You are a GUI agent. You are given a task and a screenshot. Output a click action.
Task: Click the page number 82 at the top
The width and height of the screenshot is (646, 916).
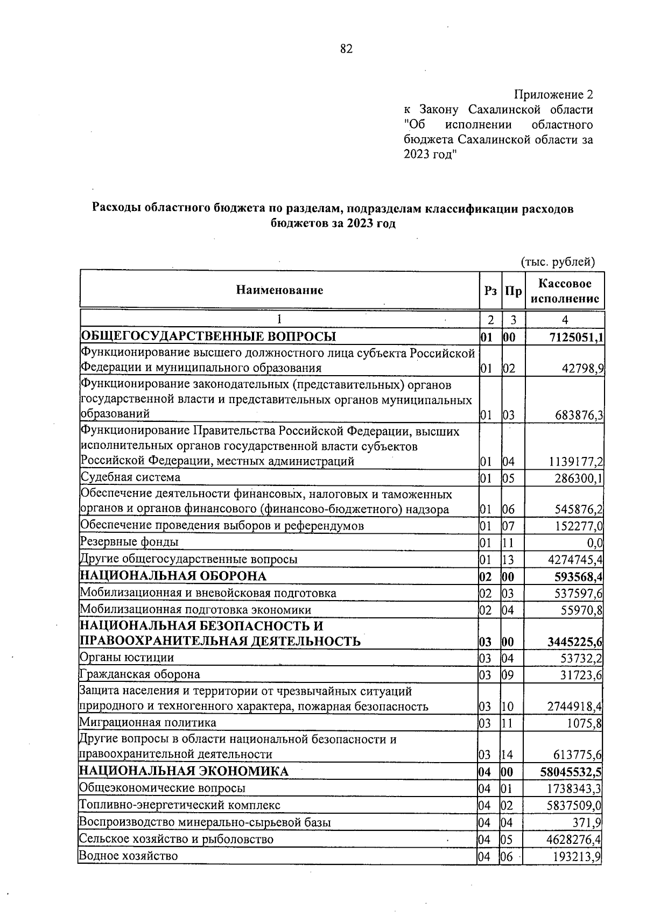[346, 49]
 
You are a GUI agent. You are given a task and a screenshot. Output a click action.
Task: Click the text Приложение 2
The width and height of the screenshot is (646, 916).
[553, 95]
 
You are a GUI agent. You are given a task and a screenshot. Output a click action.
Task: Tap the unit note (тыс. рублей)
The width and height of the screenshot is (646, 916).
[558, 262]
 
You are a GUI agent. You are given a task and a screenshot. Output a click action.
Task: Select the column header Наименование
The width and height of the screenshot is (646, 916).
[279, 290]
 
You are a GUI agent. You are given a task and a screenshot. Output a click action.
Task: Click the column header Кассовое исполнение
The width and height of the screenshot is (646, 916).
[565, 291]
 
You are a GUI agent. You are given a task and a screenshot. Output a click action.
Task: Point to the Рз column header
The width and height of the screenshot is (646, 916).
[490, 291]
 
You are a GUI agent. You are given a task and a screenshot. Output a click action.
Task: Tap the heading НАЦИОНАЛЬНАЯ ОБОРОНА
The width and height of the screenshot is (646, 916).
[173, 576]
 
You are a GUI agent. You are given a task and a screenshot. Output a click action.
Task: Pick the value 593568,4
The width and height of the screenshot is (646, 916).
[578, 577]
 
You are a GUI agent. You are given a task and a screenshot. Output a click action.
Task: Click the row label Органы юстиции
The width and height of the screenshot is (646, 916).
[127, 658]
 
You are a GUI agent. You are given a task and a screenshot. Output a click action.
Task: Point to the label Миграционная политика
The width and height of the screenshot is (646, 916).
[148, 723]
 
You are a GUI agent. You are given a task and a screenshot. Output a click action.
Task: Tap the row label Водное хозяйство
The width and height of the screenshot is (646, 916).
[128, 856]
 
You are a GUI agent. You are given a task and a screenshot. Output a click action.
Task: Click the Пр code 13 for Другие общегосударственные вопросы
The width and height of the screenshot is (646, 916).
[508, 560]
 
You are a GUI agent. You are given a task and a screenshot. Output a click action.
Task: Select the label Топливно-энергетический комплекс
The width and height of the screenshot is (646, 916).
[180, 806]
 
